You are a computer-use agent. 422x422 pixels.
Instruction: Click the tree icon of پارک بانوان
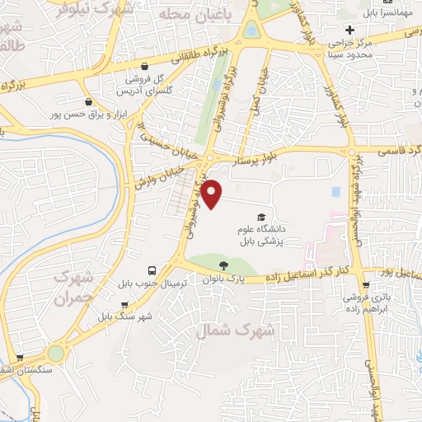click(x=223, y=265)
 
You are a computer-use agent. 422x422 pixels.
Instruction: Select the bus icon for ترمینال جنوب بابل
click(x=152, y=270)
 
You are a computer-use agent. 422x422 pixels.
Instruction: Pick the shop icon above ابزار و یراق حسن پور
click(x=88, y=102)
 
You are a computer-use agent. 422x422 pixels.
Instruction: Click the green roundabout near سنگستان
click(x=56, y=353)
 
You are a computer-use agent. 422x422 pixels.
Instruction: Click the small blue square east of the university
click(x=335, y=192)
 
